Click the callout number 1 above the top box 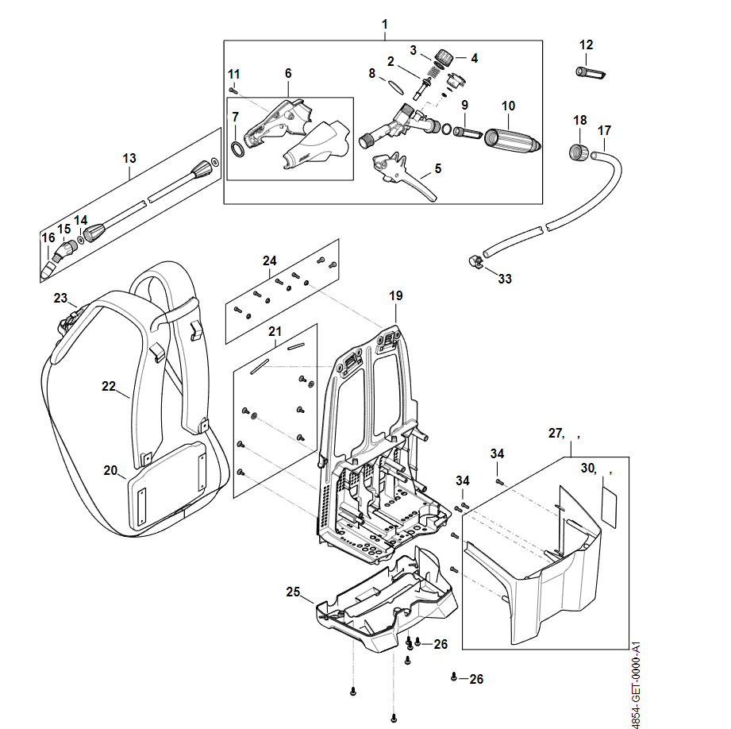point(385,25)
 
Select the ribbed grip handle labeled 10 point(510,140)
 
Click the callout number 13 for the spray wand point(129,159)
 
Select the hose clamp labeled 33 point(475,260)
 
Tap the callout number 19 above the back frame point(395,296)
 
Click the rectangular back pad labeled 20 point(167,484)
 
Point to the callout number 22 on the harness point(109,387)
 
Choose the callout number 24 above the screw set point(270,260)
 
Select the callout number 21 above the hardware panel point(275,331)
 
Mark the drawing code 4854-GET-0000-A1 point(637,684)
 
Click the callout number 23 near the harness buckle point(60,298)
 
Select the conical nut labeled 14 point(95,235)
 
